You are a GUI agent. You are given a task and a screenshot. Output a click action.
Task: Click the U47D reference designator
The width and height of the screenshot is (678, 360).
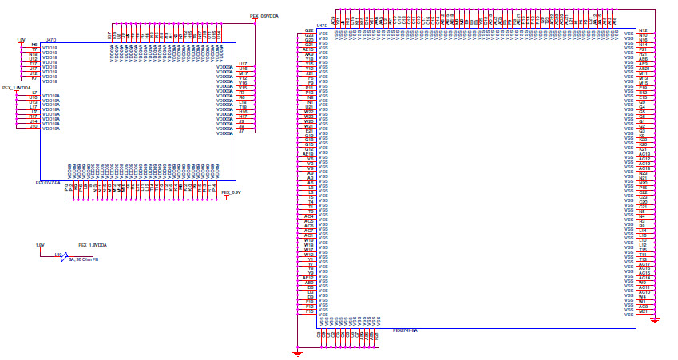(50, 38)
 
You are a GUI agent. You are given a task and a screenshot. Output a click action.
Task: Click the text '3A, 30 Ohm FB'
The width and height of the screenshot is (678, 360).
(83, 259)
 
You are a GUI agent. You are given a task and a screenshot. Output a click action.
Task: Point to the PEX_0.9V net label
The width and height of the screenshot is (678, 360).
(231, 192)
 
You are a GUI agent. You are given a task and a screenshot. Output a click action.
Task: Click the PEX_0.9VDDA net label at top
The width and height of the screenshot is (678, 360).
(264, 15)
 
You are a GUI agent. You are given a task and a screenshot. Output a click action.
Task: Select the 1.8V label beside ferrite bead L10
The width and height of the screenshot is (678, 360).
(40, 245)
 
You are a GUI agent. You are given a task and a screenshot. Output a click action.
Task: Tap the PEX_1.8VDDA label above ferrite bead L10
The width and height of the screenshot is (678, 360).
(93, 245)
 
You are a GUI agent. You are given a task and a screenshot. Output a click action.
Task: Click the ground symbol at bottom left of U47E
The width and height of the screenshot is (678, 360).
(297, 351)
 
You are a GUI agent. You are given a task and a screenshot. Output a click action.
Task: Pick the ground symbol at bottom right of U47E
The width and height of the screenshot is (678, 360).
(655, 320)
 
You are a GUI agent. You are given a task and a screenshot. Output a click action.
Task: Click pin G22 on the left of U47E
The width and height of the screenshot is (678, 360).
(309, 30)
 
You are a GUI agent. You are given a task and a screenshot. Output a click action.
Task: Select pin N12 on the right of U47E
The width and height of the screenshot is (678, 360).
(643, 30)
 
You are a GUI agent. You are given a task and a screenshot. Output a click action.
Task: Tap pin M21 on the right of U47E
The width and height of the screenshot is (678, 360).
(643, 311)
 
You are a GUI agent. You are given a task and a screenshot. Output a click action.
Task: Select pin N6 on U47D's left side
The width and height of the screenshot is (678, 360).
(34, 45)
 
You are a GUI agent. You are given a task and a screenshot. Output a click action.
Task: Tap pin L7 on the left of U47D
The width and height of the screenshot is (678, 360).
(34, 93)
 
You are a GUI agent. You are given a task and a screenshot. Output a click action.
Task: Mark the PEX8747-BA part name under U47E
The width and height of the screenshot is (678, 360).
(405, 330)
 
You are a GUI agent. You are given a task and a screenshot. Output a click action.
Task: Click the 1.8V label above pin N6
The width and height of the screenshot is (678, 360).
(21, 39)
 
